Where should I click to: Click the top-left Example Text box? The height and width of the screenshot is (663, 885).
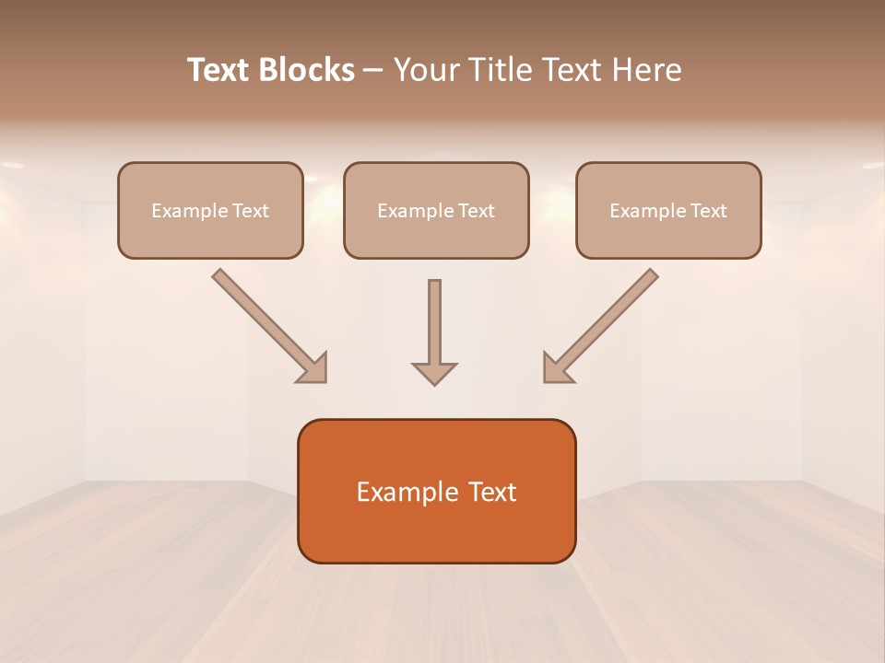pyautogui.click(x=210, y=210)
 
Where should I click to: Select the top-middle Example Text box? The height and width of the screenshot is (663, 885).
pyautogui.click(x=436, y=210)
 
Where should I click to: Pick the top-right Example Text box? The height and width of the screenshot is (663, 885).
pyautogui.click(x=668, y=210)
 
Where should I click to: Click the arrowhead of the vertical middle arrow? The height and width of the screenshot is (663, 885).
pyautogui.click(x=434, y=373)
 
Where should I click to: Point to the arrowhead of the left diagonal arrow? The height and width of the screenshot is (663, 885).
pyautogui.click(x=313, y=368)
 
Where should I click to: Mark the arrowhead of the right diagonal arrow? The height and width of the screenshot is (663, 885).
pyautogui.click(x=557, y=368)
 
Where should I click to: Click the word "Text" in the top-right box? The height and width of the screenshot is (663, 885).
pyautogui.click(x=708, y=211)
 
